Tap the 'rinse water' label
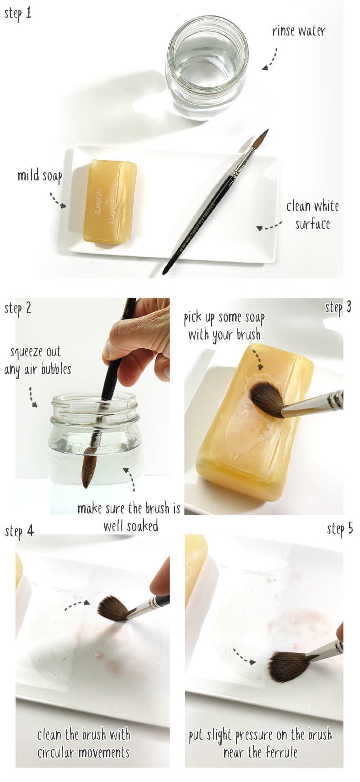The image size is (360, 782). (298, 31)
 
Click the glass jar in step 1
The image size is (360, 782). (207, 67)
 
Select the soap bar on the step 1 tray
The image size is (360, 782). (109, 202)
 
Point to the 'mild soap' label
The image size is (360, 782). (40, 175)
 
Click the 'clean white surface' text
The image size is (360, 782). (313, 215)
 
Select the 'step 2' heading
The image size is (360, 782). (18, 308)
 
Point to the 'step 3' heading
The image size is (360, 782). (337, 308)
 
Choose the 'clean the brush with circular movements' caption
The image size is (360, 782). (84, 743)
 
